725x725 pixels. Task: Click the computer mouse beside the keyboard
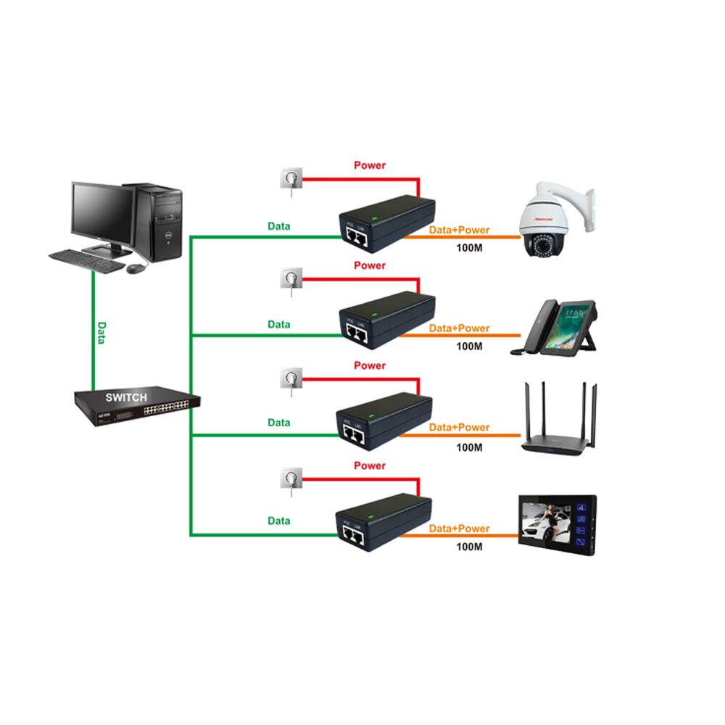click(136, 268)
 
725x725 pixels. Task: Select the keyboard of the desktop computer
click(87, 260)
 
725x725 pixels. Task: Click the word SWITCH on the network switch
click(126, 397)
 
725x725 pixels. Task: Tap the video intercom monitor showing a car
click(557, 525)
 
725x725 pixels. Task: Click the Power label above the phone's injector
click(370, 265)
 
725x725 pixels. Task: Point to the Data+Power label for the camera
click(459, 230)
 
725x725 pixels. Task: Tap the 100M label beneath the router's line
click(469, 447)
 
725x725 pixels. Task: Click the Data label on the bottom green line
click(279, 521)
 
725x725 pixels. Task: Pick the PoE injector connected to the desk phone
click(387, 320)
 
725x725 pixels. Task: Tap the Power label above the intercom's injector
click(370, 465)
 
